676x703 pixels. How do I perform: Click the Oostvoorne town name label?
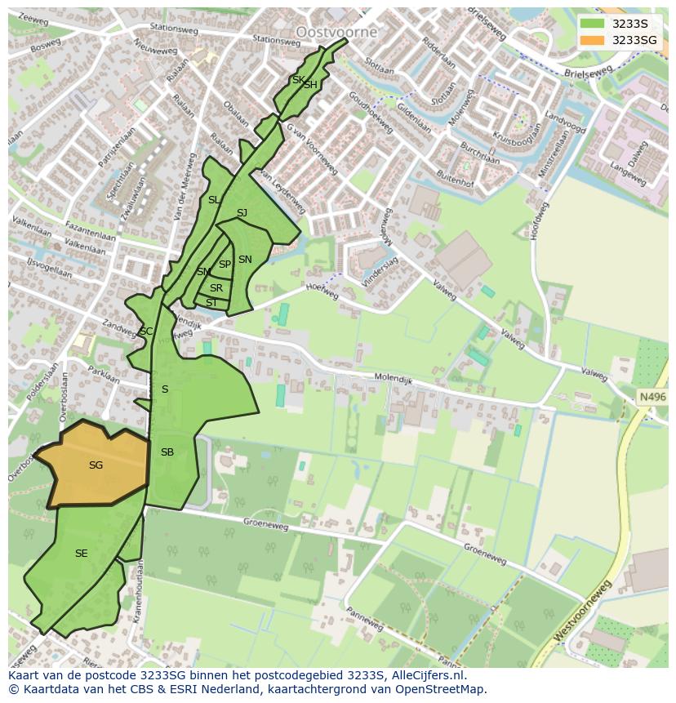[336, 32]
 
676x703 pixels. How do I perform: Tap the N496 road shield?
[651, 397]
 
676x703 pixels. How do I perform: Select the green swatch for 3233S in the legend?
[593, 24]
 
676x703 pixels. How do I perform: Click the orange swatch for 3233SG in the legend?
[593, 40]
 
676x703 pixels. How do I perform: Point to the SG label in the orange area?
[96, 465]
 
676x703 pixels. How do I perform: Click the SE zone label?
[81, 554]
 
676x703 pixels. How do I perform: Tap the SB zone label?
[167, 452]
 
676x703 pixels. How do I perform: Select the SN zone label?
[245, 260]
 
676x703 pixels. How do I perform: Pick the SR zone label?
[216, 288]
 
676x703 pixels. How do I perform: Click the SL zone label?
[213, 200]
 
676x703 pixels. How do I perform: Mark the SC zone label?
[145, 331]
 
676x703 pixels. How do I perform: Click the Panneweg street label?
[364, 618]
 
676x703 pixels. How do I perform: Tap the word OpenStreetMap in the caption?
[442, 689]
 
